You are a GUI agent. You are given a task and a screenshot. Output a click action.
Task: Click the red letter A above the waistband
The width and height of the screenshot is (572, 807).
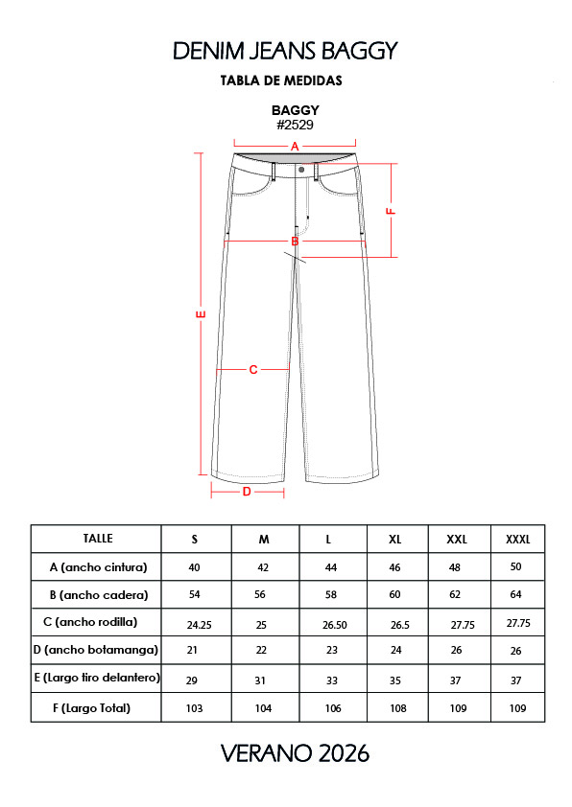(295, 147)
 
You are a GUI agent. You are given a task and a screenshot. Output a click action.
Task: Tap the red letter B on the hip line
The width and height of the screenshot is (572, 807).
(295, 241)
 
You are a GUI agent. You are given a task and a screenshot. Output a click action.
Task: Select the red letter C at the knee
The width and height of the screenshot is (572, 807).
(253, 370)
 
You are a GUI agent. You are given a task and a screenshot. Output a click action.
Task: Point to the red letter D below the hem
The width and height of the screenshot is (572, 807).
(247, 492)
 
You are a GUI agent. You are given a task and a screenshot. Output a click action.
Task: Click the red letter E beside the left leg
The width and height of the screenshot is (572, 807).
(202, 314)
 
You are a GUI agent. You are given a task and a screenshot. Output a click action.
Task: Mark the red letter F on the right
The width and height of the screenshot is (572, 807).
(391, 211)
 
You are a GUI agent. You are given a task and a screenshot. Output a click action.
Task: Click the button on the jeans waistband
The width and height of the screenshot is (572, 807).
(301, 170)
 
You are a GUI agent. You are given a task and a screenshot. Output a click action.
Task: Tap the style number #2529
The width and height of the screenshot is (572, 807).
(295, 125)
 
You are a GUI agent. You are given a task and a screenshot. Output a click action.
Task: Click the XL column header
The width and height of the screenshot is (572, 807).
(394, 540)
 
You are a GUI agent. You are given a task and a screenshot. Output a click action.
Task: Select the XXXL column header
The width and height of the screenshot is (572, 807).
(517, 540)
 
